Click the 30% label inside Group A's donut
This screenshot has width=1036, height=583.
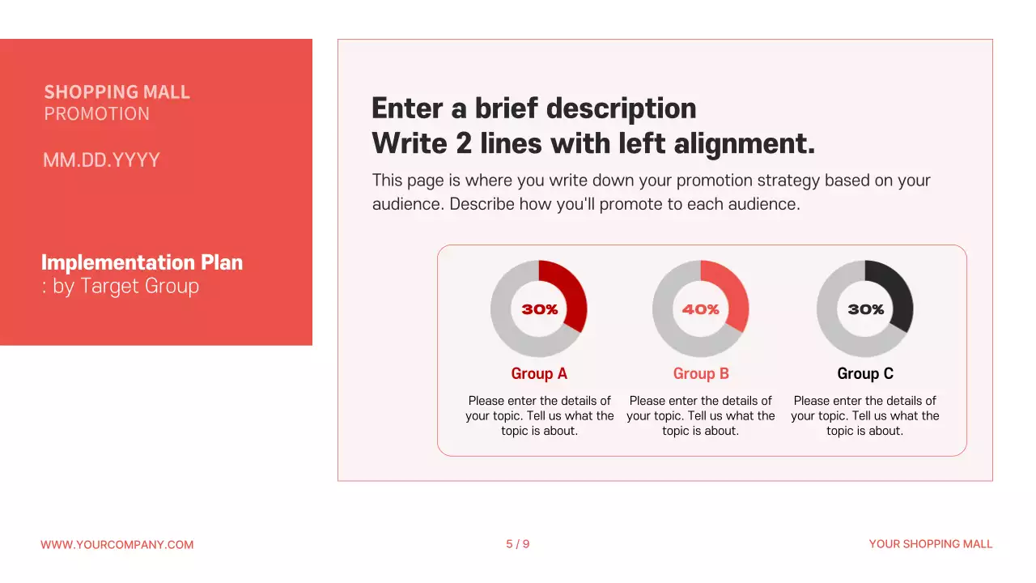click(x=540, y=309)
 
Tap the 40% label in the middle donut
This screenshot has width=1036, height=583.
click(x=701, y=309)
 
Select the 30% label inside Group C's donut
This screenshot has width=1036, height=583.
click(x=865, y=309)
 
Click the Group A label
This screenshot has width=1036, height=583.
click(x=539, y=373)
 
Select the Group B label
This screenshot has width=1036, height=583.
click(x=701, y=373)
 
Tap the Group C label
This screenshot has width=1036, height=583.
click(x=865, y=373)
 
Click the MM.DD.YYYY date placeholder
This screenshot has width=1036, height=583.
click(x=101, y=160)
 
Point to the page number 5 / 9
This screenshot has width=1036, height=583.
click(x=518, y=544)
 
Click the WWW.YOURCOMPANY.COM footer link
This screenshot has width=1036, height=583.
click(x=117, y=545)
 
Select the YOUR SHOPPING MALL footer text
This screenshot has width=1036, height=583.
click(x=931, y=544)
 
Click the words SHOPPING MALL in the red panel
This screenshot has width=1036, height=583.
click(x=117, y=92)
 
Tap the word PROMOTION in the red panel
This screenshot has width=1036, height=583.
click(x=97, y=114)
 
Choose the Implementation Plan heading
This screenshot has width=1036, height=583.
click(x=142, y=262)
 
